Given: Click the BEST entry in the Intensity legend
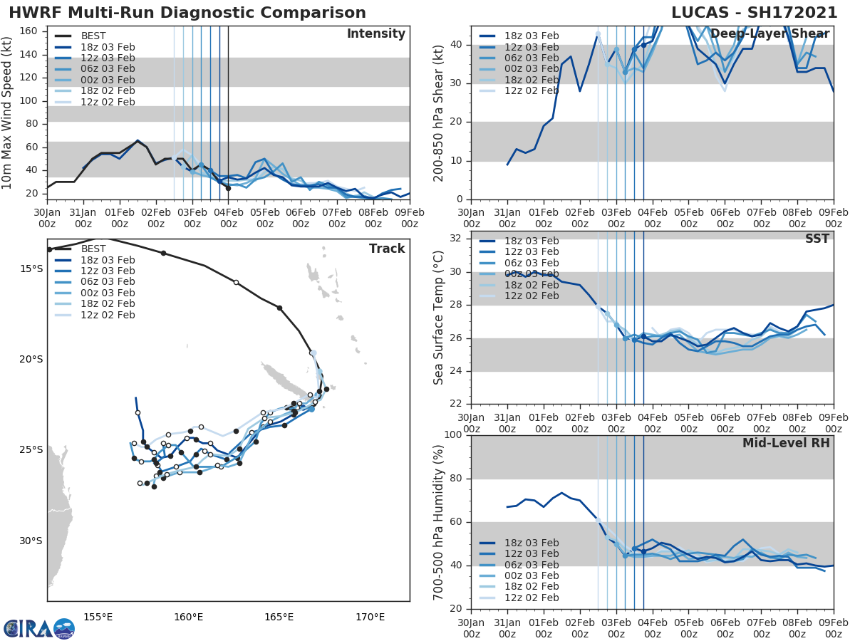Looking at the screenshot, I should tap(93, 36).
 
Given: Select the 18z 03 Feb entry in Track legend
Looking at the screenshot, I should tap(108, 260).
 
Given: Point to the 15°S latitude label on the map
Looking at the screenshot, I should tap(31, 269).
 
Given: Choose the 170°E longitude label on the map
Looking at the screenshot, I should tap(370, 617).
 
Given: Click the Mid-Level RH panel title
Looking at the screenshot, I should tap(786, 443).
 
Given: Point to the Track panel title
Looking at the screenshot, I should tap(387, 249).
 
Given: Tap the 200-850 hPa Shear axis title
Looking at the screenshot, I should tap(439, 113).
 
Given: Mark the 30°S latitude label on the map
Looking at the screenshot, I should tap(31, 541).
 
